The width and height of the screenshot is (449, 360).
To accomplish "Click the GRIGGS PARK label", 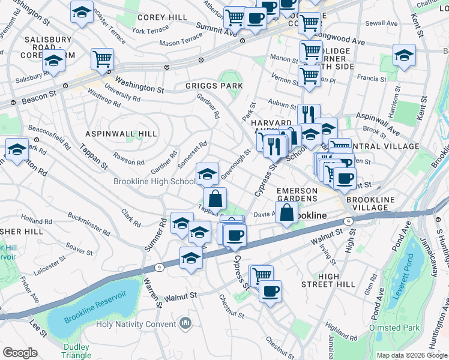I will coord(214,86).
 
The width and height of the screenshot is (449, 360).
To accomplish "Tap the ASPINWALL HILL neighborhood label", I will coord(121,134).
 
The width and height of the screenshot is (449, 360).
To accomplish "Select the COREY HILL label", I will coord(162,18).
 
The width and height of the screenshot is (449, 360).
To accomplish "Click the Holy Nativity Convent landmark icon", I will coord(185,324).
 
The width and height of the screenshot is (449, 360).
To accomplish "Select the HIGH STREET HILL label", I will coord(329,280).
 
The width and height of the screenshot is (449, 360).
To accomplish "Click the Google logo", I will coord(20,353).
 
